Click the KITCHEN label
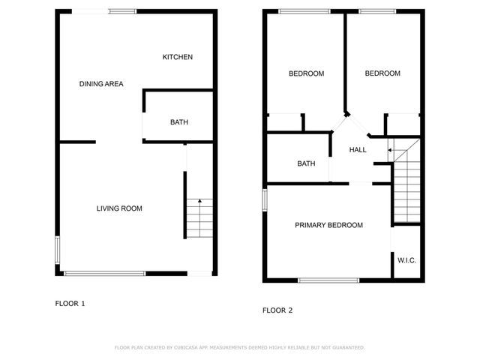(x=178, y=57)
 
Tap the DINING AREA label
(x=101, y=84)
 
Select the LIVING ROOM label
(x=119, y=208)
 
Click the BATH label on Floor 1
(x=178, y=122)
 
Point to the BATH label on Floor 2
(x=306, y=163)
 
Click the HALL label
(x=358, y=150)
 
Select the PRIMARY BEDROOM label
(x=328, y=225)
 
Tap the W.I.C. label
(x=406, y=260)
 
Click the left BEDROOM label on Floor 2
(x=306, y=73)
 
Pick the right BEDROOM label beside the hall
(x=382, y=73)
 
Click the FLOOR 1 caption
(x=70, y=304)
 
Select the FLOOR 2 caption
(x=277, y=310)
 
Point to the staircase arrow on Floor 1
(x=199, y=200)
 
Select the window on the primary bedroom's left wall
(x=264, y=200)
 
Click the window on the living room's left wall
(x=57, y=250)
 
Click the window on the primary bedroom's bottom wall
(x=328, y=280)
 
